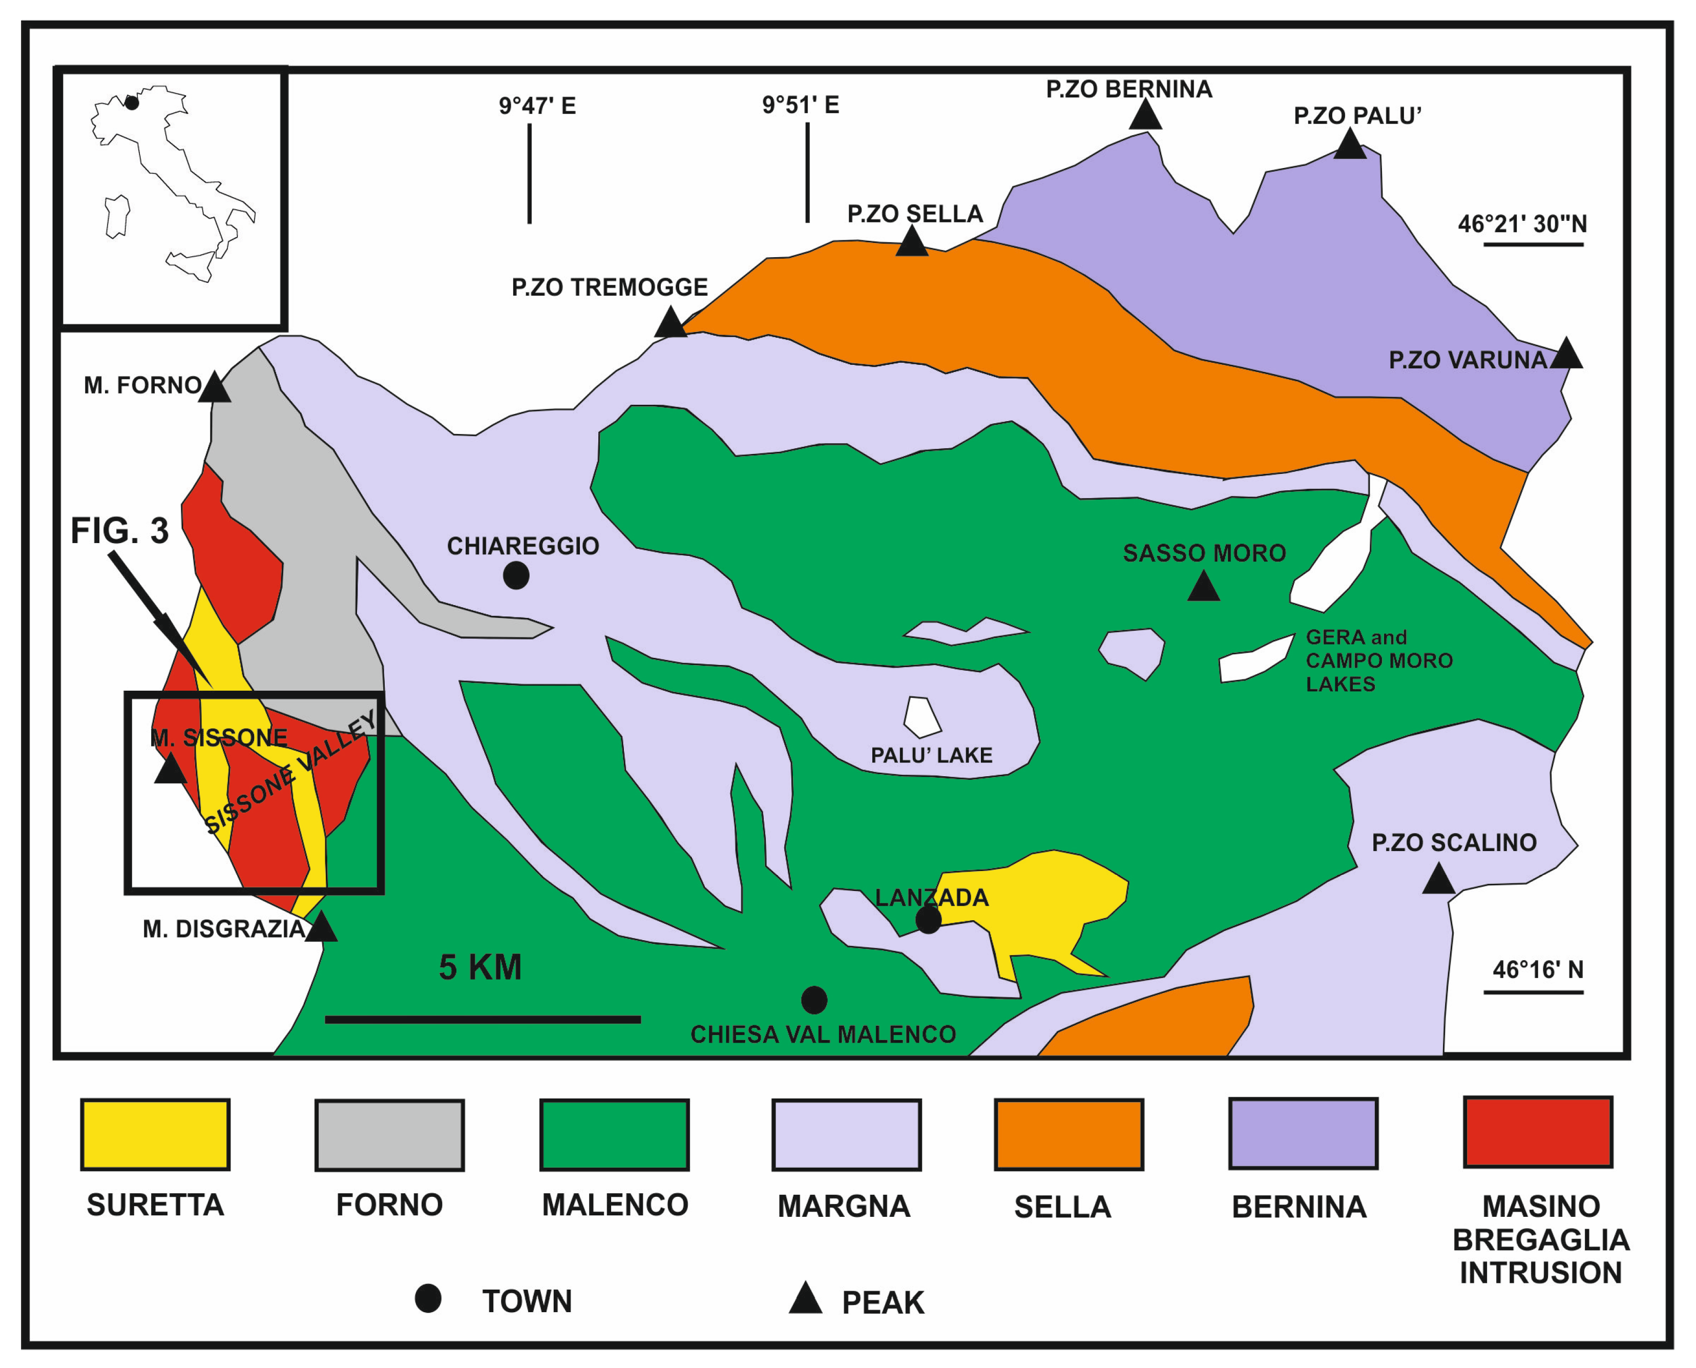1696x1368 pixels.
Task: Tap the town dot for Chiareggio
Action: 516,576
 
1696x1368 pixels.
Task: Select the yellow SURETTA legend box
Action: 155,1135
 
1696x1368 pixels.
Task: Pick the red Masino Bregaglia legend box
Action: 1538,1132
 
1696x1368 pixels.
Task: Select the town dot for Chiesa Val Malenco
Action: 814,1000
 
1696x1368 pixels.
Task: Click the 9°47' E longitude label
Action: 537,106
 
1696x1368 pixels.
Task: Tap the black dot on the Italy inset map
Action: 132,102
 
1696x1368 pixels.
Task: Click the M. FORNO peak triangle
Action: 214,388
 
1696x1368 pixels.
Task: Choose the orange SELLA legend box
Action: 1068,1135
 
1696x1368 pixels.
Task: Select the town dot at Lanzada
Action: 928,920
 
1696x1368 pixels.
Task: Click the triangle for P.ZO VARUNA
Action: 1565,355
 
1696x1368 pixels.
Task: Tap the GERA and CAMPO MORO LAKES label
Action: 1378,660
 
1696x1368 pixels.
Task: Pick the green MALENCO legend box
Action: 615,1135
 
